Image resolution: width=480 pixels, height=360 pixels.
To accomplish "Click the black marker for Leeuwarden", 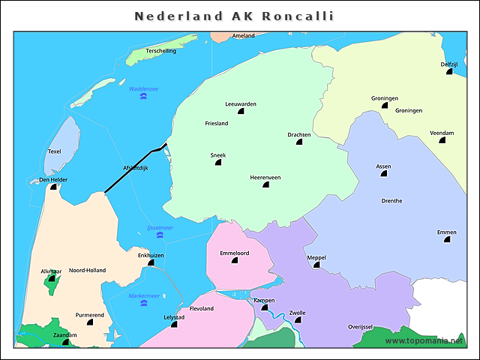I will [x=241, y=111].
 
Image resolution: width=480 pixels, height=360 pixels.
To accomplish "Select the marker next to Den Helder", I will [x=54, y=187].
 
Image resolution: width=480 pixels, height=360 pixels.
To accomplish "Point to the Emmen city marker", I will [x=447, y=240].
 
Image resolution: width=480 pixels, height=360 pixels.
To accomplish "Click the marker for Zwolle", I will [x=298, y=320].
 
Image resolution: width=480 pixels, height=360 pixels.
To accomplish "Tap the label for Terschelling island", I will [x=161, y=51].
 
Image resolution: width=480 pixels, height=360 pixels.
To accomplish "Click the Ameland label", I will [x=244, y=35].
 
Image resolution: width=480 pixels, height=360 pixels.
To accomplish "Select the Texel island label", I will [x=54, y=151].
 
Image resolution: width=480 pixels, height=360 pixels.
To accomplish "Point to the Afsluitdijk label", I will [x=135, y=168].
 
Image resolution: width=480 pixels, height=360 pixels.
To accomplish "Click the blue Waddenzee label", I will [x=143, y=88].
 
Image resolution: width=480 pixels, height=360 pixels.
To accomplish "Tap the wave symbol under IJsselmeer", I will [x=160, y=235].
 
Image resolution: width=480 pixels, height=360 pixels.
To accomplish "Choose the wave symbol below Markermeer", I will [x=144, y=304].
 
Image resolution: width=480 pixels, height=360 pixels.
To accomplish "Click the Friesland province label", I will [x=216, y=123].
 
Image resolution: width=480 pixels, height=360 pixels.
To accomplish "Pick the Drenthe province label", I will [x=391, y=201].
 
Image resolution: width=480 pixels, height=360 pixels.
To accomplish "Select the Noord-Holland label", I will [x=87, y=270].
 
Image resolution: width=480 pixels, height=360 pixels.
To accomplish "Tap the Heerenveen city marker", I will [x=265, y=185].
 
